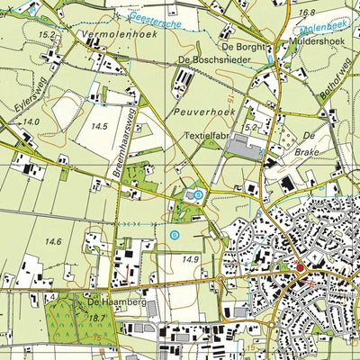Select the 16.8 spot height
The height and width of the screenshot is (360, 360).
[x=308, y=13]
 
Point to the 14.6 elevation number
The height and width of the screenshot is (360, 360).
[x=53, y=241]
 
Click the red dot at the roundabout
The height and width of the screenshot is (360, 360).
[x=300, y=266]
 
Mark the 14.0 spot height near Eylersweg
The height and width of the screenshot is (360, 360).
[x=32, y=121]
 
